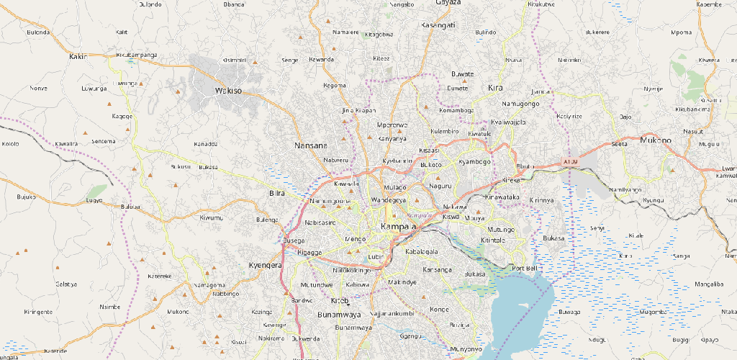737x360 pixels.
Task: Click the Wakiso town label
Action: (x=229, y=91)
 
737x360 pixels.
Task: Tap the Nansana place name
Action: (x=311, y=146)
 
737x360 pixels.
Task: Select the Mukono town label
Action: (x=655, y=140)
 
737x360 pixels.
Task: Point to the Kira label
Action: (x=495, y=88)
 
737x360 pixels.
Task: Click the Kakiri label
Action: (x=78, y=55)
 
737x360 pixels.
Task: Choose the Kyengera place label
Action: (x=265, y=266)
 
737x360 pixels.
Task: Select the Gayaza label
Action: (x=448, y=3)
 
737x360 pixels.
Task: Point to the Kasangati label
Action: (x=438, y=25)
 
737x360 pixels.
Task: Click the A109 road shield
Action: (x=571, y=161)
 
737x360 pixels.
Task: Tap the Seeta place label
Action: (x=618, y=144)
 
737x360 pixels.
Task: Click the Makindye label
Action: (x=402, y=282)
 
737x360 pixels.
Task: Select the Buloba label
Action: (x=130, y=207)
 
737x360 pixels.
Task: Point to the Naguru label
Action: (x=439, y=186)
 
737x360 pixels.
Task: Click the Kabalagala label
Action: (x=422, y=252)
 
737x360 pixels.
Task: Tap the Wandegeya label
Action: (x=389, y=199)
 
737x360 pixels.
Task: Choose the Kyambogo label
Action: (x=474, y=162)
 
